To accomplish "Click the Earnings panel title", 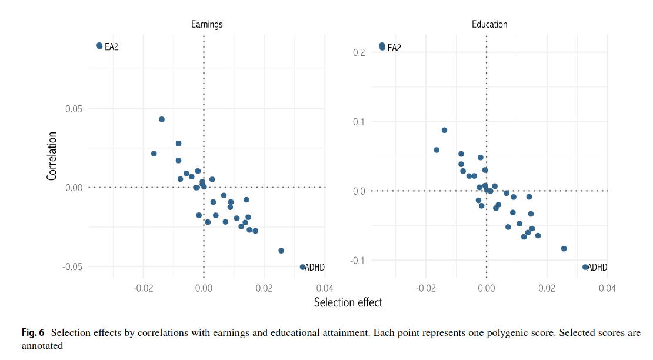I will (x=206, y=25).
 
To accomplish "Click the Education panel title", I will (x=489, y=25).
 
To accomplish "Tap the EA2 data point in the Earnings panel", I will (x=99, y=46).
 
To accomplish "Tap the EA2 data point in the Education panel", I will (x=382, y=46).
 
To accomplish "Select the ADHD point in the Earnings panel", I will (x=302, y=267).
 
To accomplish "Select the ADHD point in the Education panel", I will (x=585, y=267).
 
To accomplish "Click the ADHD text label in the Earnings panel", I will (x=315, y=268).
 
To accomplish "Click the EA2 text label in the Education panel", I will (x=394, y=48).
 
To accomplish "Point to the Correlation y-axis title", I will (x=52, y=155).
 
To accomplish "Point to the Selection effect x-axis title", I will (x=348, y=302).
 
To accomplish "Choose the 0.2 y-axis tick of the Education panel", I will (x=359, y=52).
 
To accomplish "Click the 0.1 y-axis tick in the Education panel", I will (x=359, y=122).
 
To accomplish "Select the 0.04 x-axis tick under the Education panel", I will (x=607, y=288).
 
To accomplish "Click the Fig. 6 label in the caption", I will (x=33, y=333).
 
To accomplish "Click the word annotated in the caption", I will (x=42, y=346).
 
